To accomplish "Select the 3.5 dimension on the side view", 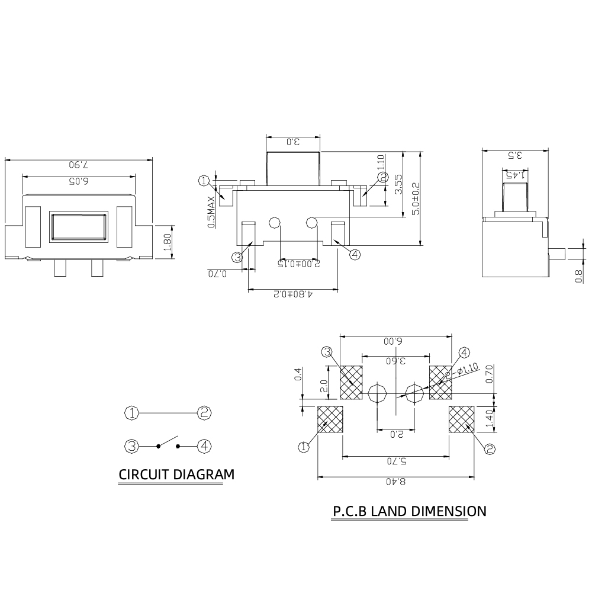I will click(x=515, y=156).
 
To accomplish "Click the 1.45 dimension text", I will click(x=515, y=175).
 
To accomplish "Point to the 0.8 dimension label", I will click(x=579, y=275).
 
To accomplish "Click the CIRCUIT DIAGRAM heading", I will click(x=176, y=475).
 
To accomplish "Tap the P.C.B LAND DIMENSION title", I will click(x=409, y=511).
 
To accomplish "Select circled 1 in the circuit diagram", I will click(x=131, y=413).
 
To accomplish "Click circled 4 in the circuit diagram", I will click(x=204, y=445).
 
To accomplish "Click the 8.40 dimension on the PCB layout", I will click(x=395, y=481).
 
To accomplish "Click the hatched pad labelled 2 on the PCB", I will click(x=461, y=420).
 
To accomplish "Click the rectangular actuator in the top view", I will click(x=79, y=227).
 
